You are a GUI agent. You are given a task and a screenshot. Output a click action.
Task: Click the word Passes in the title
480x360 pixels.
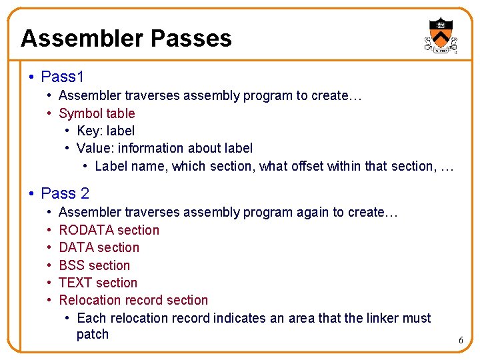(191, 38)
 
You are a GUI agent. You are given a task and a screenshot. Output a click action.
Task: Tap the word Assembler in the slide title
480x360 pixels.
(82, 38)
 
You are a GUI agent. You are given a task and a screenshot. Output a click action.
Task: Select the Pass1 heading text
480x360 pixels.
(63, 77)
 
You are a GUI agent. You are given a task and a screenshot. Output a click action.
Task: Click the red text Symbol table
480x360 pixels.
(97, 113)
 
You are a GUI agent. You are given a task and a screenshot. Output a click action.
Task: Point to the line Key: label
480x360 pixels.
(105, 131)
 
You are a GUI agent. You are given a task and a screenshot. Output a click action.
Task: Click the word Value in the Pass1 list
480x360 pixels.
(93, 148)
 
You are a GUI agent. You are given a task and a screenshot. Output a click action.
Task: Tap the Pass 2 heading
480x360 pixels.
(65, 193)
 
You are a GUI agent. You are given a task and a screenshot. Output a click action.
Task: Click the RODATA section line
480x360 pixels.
(109, 230)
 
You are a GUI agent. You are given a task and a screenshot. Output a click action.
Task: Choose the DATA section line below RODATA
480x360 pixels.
(99, 247)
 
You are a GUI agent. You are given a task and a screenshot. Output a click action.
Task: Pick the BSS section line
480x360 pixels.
(95, 265)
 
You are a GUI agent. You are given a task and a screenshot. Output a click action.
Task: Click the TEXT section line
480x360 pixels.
(98, 283)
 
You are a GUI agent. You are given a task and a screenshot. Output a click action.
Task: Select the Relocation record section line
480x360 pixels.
(133, 300)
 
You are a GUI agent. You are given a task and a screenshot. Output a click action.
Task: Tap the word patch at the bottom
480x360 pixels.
(93, 334)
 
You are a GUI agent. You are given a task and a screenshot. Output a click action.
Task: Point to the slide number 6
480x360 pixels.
(460, 341)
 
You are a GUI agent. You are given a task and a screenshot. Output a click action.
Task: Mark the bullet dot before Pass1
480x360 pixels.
(32, 77)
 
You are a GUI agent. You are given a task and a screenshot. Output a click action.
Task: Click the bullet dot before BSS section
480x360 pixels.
(51, 265)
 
